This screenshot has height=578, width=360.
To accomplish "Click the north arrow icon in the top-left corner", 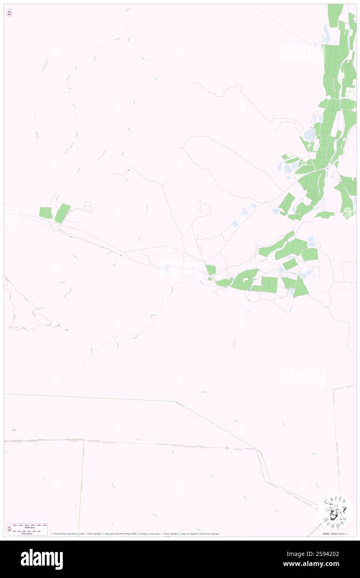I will point(9,13).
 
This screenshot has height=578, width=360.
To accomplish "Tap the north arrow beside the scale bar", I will point(9,529).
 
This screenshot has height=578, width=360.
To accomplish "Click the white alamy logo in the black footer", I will point(42,559).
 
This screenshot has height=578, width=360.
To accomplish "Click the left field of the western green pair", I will point(45,212).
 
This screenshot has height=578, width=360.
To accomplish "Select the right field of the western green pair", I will point(62,213).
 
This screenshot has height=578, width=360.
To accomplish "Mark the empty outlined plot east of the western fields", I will point(88,206).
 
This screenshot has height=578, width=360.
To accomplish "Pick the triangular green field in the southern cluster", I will point(301,287).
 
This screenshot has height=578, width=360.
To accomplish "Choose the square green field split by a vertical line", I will point(269,284).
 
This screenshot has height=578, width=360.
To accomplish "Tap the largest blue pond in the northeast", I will point(309,134).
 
